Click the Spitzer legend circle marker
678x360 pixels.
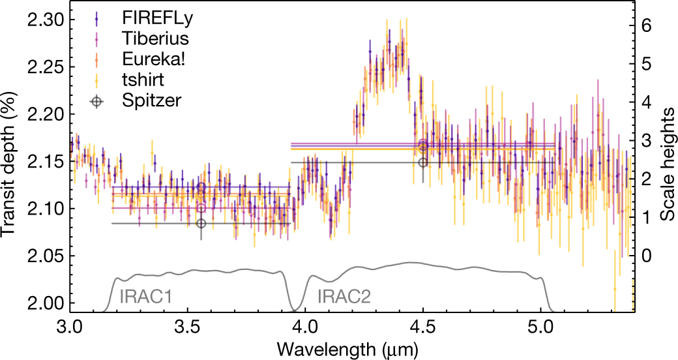click(96, 101)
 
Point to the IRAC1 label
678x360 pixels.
click(146, 297)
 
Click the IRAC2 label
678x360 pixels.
click(344, 297)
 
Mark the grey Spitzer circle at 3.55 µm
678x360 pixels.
click(201, 224)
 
